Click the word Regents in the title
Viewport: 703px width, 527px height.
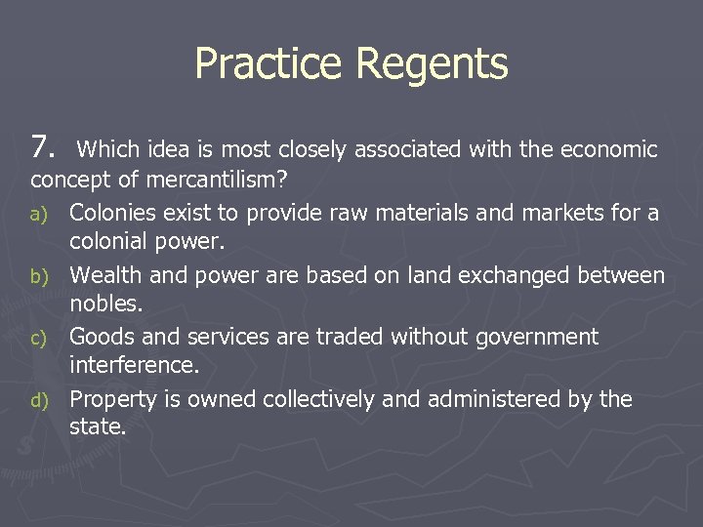(433, 65)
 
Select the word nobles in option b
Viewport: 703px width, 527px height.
(105, 304)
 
